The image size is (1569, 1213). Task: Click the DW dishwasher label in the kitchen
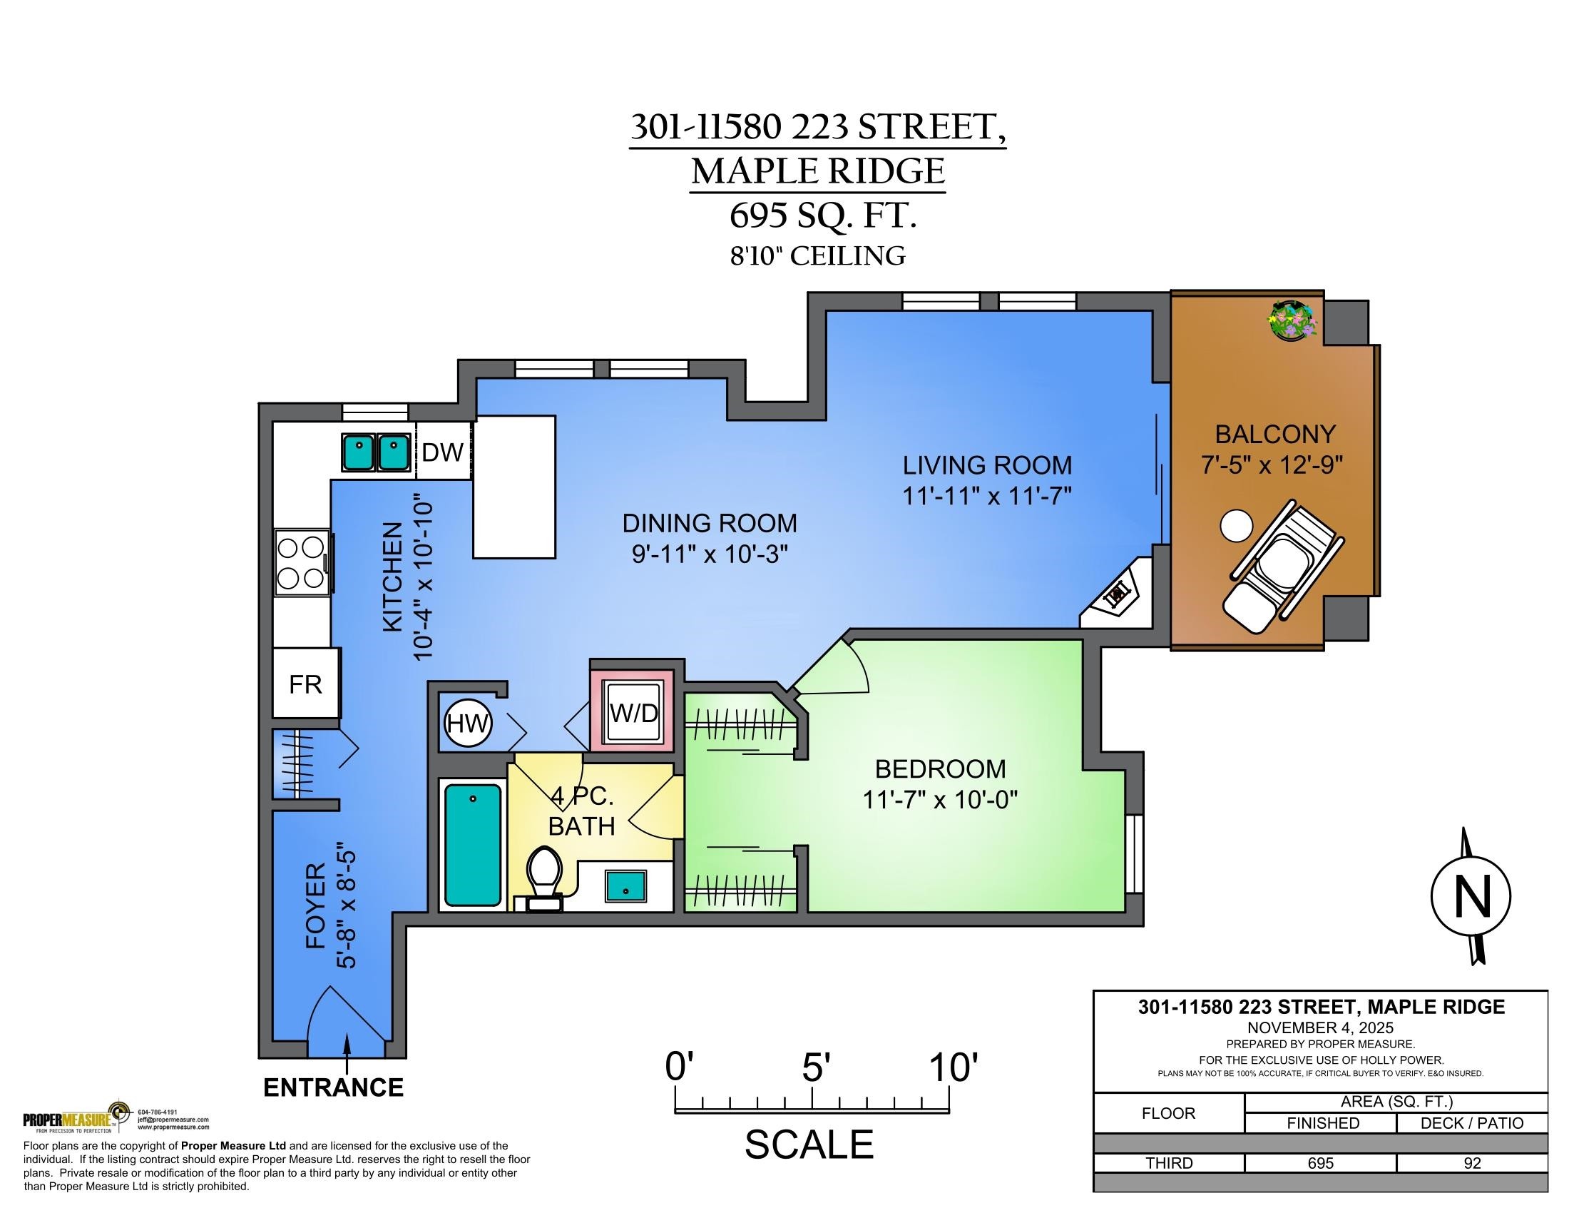pyautogui.click(x=443, y=452)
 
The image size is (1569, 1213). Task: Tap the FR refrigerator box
pyautogui.click(x=305, y=684)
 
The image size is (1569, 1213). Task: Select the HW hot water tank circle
pyautogui.click(x=468, y=724)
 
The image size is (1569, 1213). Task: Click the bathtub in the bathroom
pyautogui.click(x=473, y=844)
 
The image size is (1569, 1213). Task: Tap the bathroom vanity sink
pyautogui.click(x=625, y=885)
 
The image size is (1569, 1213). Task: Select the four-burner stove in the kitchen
pyautogui.click(x=302, y=563)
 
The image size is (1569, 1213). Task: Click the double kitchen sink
pyautogui.click(x=374, y=452)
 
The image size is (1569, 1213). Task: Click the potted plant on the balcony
pyautogui.click(x=1292, y=321)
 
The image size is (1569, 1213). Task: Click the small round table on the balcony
pyautogui.click(x=1236, y=526)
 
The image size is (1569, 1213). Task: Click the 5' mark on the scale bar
pyautogui.click(x=812, y=1087)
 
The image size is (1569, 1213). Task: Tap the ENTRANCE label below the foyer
pyautogui.click(x=333, y=1087)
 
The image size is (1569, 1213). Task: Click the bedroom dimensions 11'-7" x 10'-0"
pyautogui.click(x=940, y=799)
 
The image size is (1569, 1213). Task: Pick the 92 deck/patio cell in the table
pyautogui.click(x=1471, y=1163)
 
